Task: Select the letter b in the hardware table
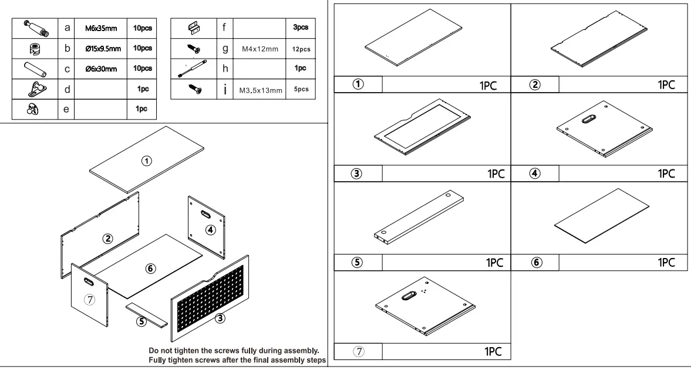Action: click(x=68, y=48)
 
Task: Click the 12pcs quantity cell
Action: click(x=301, y=49)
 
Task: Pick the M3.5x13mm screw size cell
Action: click(x=261, y=91)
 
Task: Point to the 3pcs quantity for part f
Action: click(x=301, y=28)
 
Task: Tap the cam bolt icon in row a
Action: click(x=35, y=28)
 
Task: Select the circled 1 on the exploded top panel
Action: click(x=148, y=160)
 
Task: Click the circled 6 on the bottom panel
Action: click(x=150, y=268)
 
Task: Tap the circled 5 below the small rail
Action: click(x=141, y=321)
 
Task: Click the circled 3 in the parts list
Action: click(x=356, y=174)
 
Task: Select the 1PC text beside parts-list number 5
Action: click(x=494, y=263)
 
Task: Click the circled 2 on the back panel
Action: click(x=108, y=238)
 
